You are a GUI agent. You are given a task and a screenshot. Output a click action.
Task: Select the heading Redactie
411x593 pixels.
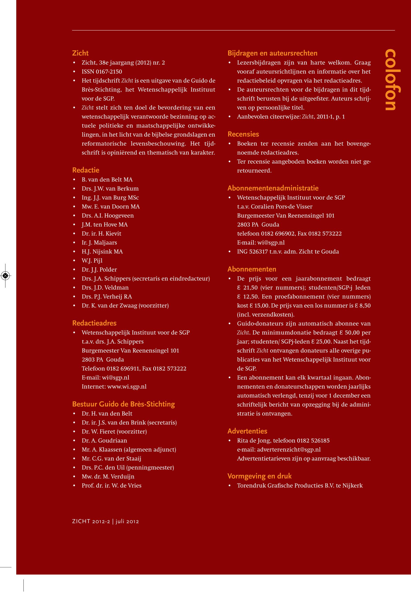pyautogui.click(x=86, y=170)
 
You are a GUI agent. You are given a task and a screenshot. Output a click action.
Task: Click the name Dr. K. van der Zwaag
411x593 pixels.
pyautogui.click(x=109, y=306)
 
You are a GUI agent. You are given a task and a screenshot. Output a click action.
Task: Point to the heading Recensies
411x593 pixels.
pyautogui.click(x=243, y=134)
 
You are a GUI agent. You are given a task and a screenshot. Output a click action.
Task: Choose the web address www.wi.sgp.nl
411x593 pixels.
pyautogui.click(x=127, y=387)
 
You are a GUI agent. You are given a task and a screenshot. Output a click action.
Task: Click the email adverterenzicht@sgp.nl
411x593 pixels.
pyautogui.click(x=289, y=450)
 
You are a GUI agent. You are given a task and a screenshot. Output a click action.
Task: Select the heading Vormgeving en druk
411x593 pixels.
pyautogui.click(x=259, y=476)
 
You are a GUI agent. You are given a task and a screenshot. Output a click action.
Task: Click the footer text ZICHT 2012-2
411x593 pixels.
pyautogui.click(x=91, y=522)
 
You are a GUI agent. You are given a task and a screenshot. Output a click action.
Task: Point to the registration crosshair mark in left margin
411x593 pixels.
pyautogui.click(x=5, y=276)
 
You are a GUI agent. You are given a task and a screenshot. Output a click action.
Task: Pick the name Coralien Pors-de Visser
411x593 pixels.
pyautogui.click(x=282, y=207)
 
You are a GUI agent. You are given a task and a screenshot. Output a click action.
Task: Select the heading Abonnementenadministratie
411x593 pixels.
pyautogui.click(x=273, y=188)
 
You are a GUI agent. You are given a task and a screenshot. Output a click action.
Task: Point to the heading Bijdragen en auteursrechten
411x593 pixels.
pyautogui.click(x=272, y=53)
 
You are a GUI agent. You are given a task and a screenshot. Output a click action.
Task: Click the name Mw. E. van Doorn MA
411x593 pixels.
pyautogui.click(x=110, y=207)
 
